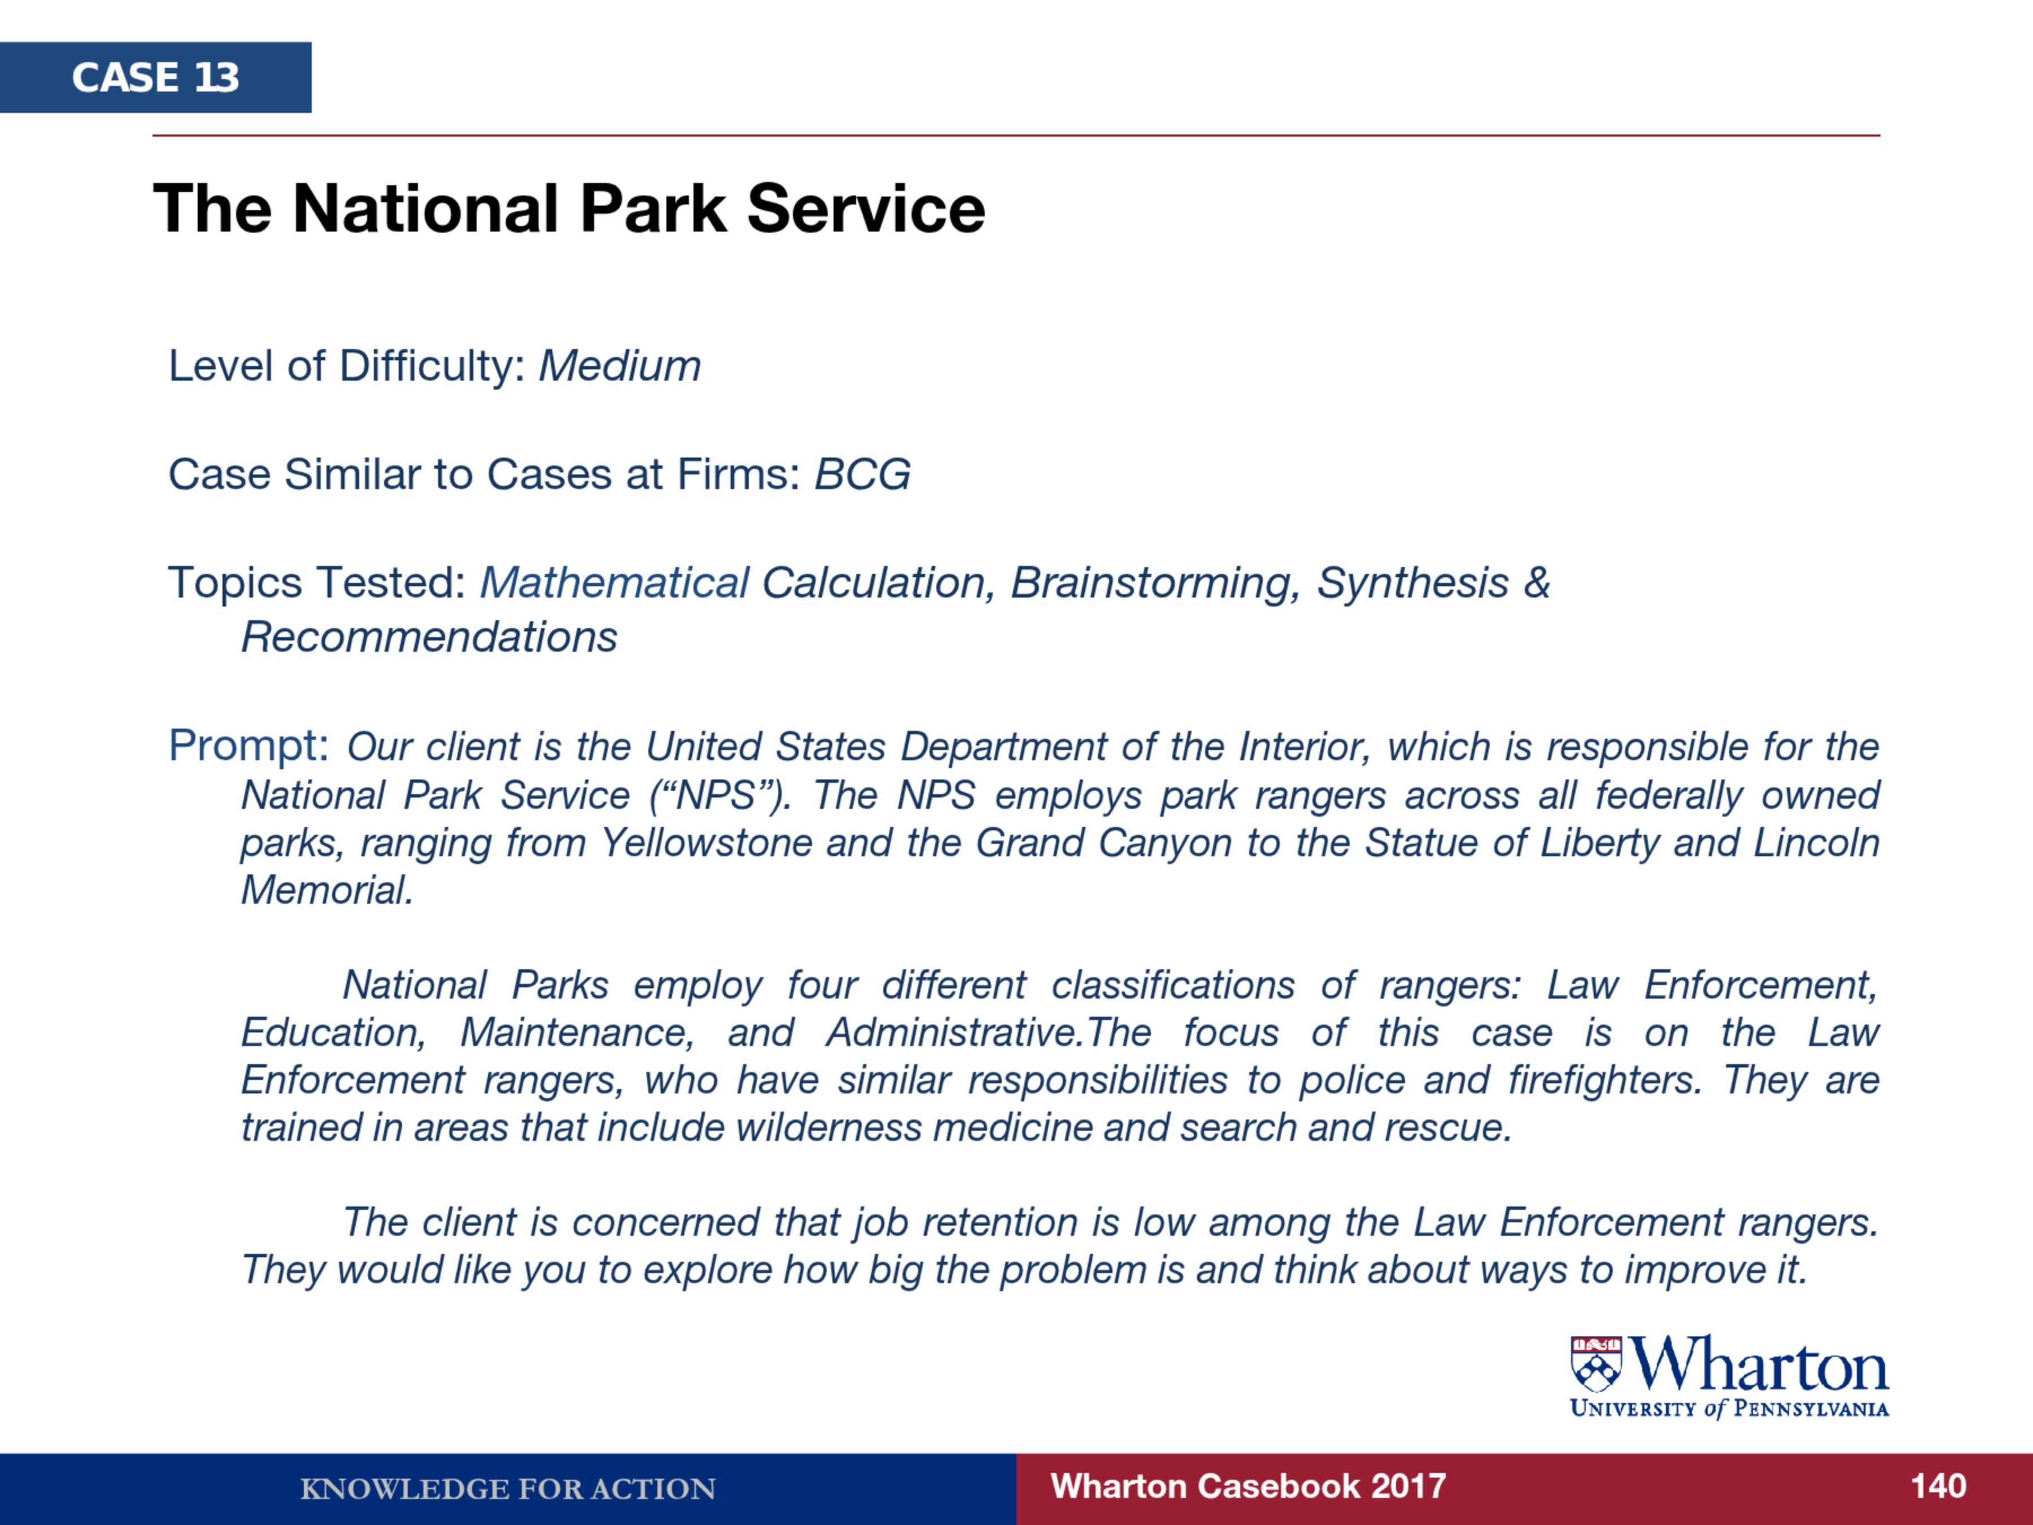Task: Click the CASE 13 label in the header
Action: [x=155, y=77]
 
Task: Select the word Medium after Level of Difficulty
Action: [x=620, y=366]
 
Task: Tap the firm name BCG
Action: [x=862, y=474]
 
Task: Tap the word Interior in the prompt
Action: [x=1306, y=747]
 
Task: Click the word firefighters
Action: [x=1605, y=1080]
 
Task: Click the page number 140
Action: [x=1938, y=1487]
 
